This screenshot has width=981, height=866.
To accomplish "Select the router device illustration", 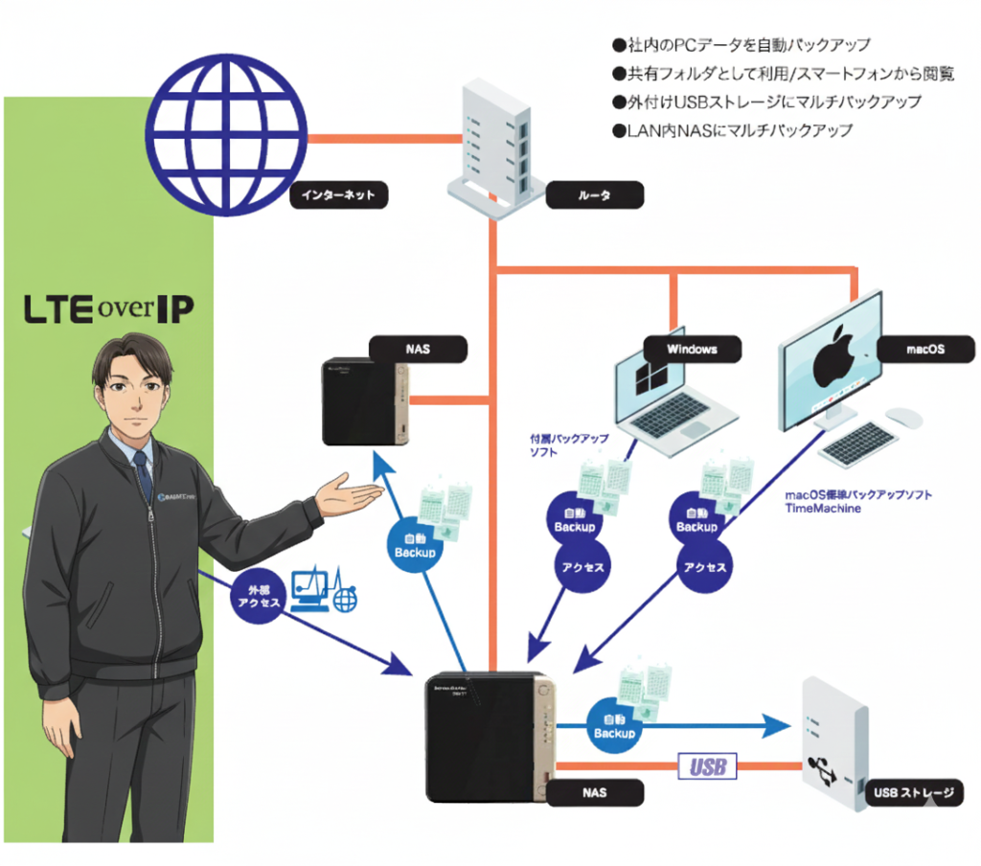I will coord(496,144).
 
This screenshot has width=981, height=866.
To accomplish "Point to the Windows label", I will coord(692,349).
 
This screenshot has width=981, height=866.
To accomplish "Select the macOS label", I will coord(924,349).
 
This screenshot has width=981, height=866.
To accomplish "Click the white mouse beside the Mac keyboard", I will coord(902,416).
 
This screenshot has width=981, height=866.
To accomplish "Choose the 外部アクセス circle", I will coord(258,596).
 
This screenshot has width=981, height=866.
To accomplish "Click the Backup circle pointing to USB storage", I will coord(614,724).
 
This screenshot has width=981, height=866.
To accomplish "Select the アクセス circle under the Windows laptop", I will coord(581,566).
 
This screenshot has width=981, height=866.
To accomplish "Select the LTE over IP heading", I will coord(107,309).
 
